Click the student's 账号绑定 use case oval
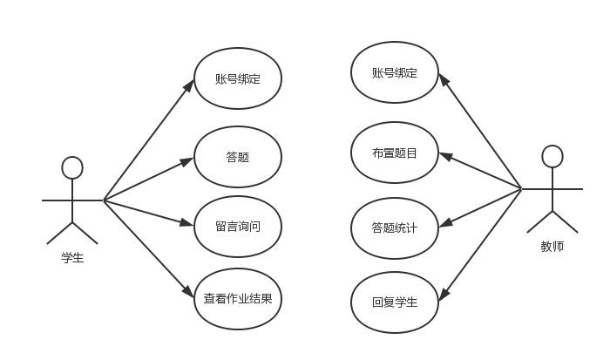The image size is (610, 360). pos(237,78)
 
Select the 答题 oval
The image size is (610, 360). pos(237,157)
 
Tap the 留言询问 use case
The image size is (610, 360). pos(237,227)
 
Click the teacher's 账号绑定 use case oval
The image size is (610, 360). pos(394,72)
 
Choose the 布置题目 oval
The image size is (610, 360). pos(394,153)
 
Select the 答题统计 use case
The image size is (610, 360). pos(394,228)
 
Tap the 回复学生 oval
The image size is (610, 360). pos(394,302)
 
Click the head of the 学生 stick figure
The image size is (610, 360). pos(72,167)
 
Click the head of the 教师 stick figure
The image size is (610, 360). pos(552,156)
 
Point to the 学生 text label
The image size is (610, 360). pos(72,257)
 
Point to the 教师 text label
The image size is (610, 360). pos(552,247)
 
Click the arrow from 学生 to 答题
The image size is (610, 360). pos(148,180)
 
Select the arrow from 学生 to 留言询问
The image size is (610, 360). pos(148,213)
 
